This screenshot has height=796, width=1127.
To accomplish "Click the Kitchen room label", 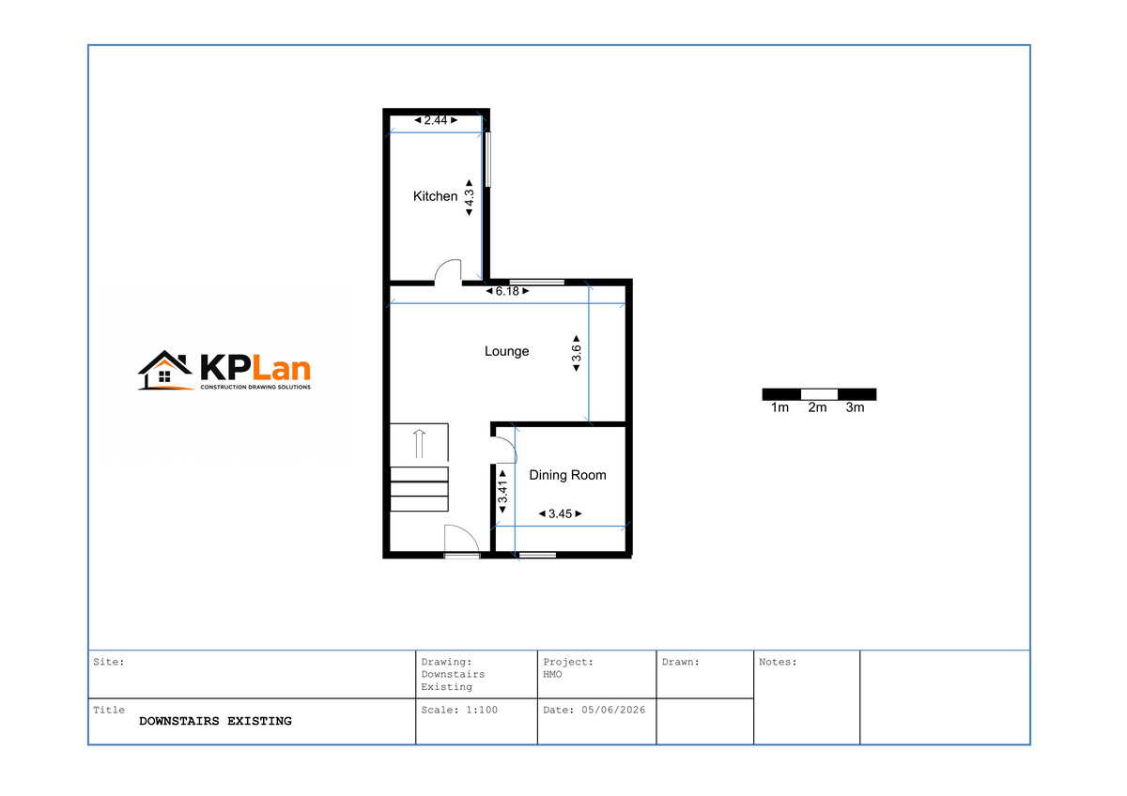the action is [435, 196].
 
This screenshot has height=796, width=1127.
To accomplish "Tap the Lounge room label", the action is [506, 351].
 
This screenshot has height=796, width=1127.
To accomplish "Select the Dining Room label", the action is [567, 475].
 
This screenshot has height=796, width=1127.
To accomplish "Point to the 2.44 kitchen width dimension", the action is [436, 120].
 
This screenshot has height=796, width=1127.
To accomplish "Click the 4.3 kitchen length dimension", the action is [469, 198].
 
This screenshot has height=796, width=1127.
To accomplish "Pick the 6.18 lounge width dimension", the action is [507, 291].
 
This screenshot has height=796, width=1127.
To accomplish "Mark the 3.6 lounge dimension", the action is [577, 354].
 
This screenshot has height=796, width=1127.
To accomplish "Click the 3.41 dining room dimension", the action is [502, 492].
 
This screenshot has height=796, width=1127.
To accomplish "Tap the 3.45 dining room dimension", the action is [560, 513].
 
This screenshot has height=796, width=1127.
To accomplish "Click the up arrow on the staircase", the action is [419, 443].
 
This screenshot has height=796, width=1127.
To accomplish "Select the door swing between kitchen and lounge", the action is [448, 272].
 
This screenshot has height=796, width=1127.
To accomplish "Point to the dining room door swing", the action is [505, 450].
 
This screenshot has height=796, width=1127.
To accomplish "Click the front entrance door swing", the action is [461, 539].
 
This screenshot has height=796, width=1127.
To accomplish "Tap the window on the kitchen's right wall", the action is [488, 160].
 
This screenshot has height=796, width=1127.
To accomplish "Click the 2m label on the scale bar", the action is [817, 407].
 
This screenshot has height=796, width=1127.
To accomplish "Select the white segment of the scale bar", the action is [819, 394].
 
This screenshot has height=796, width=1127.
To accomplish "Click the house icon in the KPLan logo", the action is [165, 370].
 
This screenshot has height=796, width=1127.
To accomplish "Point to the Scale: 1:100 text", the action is [459, 710].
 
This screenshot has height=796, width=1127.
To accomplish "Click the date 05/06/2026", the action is [613, 710].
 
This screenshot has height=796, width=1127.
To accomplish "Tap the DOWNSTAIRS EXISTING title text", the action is [215, 721].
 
